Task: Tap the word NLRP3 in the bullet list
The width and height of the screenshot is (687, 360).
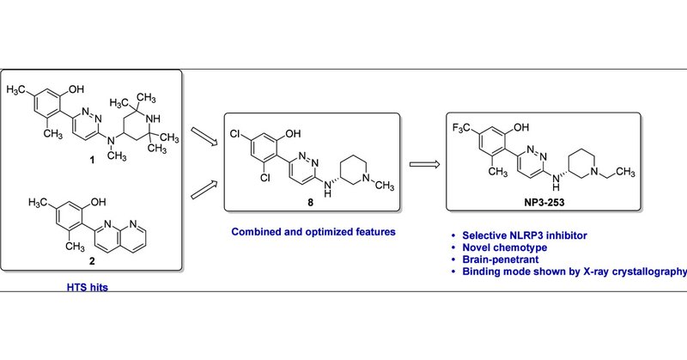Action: click(x=528, y=235)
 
